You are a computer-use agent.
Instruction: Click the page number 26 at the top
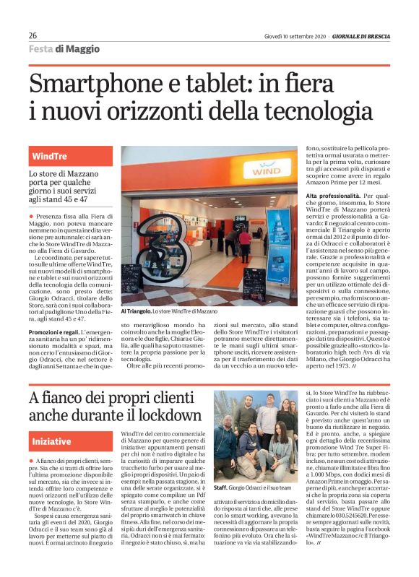[33, 35]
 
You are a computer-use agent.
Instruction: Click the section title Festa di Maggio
[64, 49]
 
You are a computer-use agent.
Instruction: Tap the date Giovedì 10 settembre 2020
[294, 35]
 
